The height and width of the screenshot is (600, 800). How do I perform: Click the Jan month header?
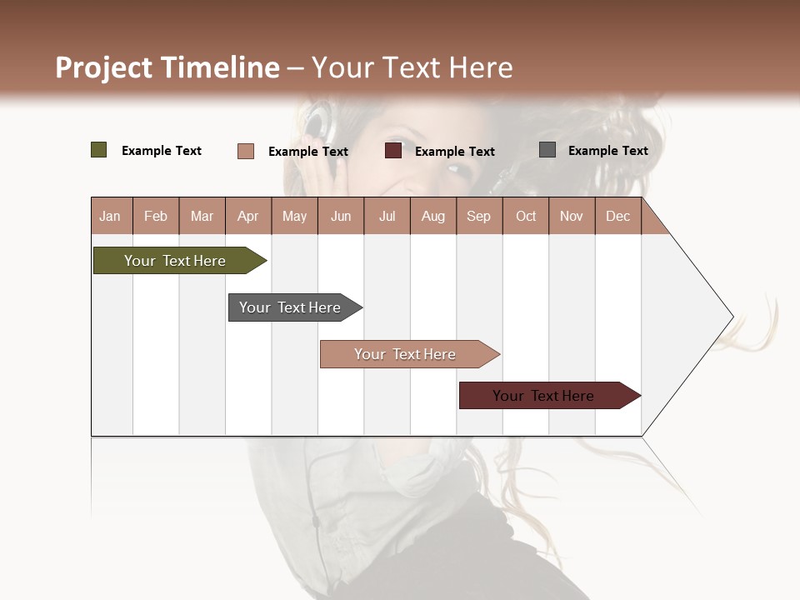110,216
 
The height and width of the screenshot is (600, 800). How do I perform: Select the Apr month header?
248,216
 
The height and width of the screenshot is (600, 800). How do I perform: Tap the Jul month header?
387,216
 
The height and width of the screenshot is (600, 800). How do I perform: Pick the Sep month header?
478,216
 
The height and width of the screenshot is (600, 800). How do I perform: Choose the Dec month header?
617,216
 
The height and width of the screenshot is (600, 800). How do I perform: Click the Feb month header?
156,216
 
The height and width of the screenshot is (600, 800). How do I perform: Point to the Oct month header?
526,216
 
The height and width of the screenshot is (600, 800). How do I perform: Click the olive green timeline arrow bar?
175,261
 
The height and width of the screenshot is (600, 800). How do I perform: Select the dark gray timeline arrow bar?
290,307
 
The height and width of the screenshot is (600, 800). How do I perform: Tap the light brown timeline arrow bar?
405,354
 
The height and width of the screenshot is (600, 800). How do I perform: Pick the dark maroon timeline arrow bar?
544,396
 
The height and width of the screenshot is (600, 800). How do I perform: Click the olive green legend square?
99,150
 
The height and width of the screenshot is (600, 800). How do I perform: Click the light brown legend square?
246,151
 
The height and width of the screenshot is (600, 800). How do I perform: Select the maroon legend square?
393,151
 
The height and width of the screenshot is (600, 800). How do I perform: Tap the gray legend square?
547,150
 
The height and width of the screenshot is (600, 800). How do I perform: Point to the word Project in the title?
104,67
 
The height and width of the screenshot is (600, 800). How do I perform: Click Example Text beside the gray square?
607,151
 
